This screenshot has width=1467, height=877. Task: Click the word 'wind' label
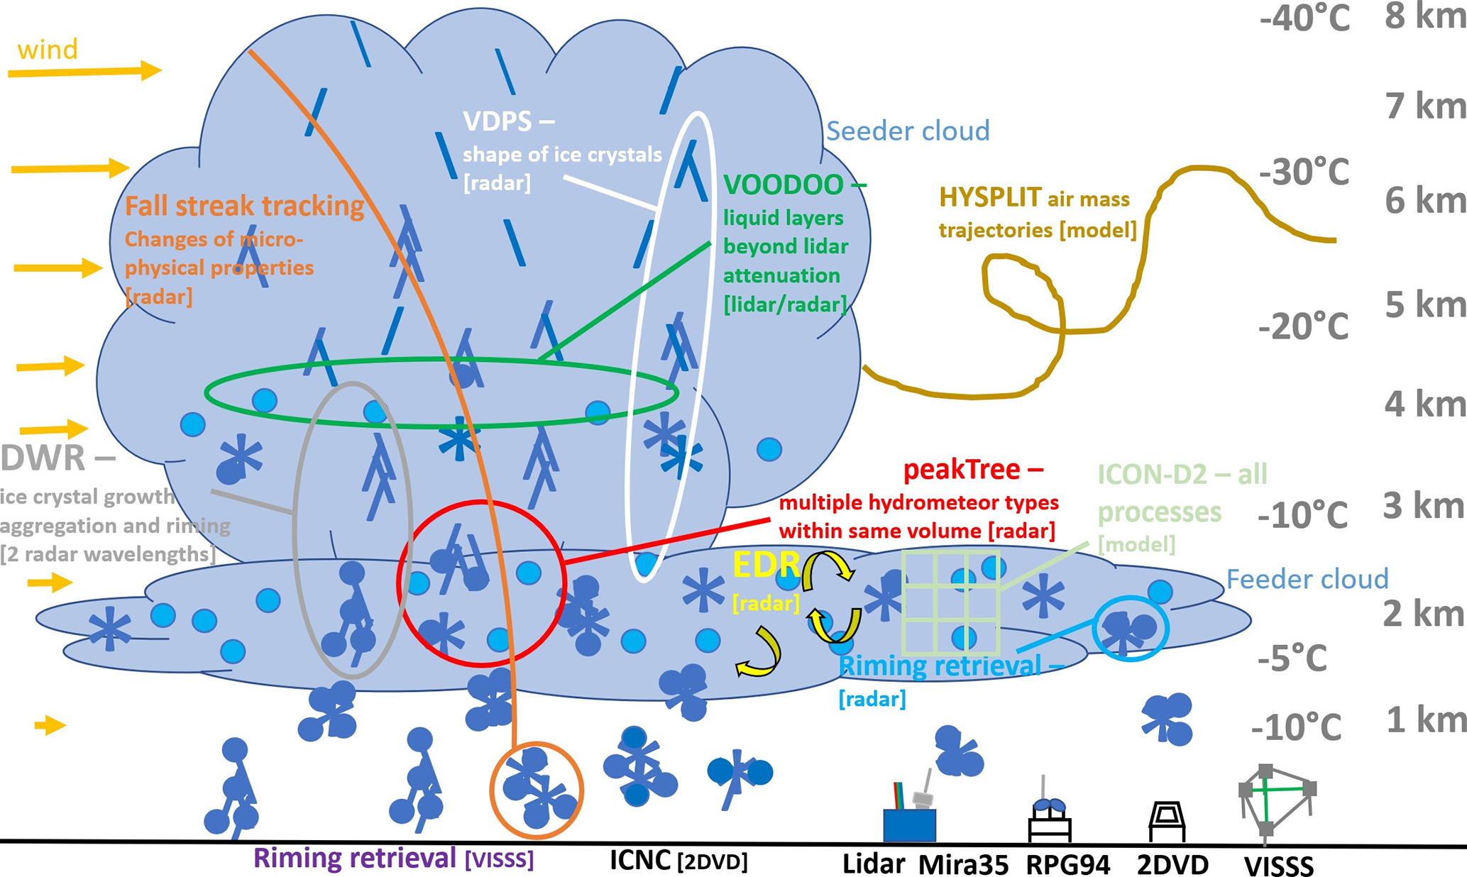(47, 50)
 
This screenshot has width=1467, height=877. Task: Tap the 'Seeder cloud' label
(908, 131)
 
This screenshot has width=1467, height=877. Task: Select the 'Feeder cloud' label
(1307, 579)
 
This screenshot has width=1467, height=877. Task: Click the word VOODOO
(782, 185)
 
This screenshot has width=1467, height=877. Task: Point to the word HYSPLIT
(989, 197)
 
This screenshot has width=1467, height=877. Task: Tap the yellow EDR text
(766, 566)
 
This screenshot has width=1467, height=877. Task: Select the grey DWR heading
(43, 458)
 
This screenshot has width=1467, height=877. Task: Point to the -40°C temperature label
(1304, 18)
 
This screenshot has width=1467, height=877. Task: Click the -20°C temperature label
(1303, 327)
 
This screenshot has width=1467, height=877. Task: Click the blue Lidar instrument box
(909, 825)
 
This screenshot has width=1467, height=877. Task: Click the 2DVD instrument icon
(1166, 821)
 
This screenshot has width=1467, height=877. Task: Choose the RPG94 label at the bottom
(1067, 865)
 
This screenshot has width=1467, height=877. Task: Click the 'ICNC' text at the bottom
(640, 860)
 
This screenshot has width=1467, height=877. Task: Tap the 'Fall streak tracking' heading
(244, 206)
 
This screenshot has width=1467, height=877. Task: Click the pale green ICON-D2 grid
(950, 602)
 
